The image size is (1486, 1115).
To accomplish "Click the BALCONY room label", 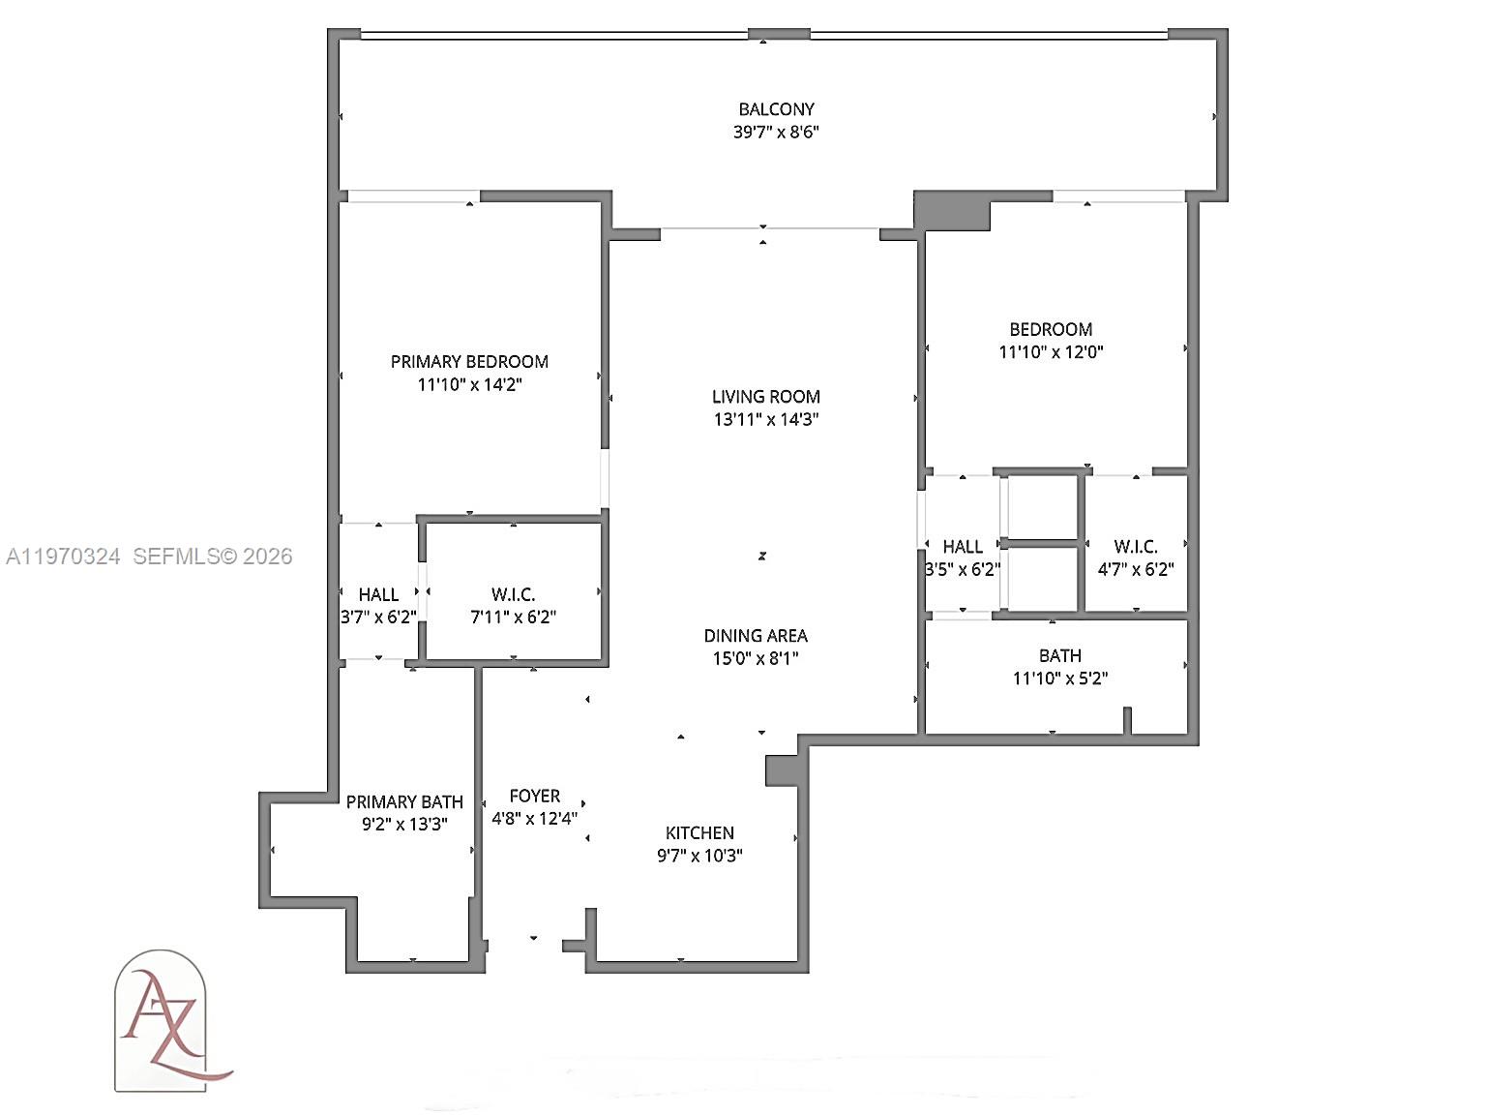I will tap(776, 109).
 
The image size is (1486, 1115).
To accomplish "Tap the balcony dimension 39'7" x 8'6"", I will tap(776, 133).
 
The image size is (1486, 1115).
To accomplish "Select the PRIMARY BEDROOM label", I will tap(469, 362).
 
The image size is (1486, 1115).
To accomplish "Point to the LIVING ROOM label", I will tap(765, 397).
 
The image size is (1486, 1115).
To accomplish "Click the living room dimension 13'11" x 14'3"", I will tap(765, 420).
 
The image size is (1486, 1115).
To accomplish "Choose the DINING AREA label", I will tap(756, 636).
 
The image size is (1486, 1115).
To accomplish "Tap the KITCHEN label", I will tap(699, 833).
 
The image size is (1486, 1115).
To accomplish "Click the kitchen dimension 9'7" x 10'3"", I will tap(699, 856).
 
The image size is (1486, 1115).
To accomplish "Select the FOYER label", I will tap(535, 797).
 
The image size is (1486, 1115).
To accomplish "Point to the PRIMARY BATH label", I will tap(404, 802).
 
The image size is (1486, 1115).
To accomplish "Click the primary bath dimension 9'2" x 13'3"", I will tap(404, 825).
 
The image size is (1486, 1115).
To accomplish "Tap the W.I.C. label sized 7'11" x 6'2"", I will tap(513, 594).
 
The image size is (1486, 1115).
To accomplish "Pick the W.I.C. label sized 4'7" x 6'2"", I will tap(1136, 547).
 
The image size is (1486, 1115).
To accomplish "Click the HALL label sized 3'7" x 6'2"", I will tap(378, 594).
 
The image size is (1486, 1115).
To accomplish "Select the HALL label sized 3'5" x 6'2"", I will tap(963, 547).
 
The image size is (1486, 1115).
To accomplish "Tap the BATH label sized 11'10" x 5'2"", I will tap(1060, 656).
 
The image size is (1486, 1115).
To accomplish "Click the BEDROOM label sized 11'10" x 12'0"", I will tap(1051, 330).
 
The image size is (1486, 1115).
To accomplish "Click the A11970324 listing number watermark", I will tap(64, 557).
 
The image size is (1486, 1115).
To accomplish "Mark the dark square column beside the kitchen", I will tap(782, 770).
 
